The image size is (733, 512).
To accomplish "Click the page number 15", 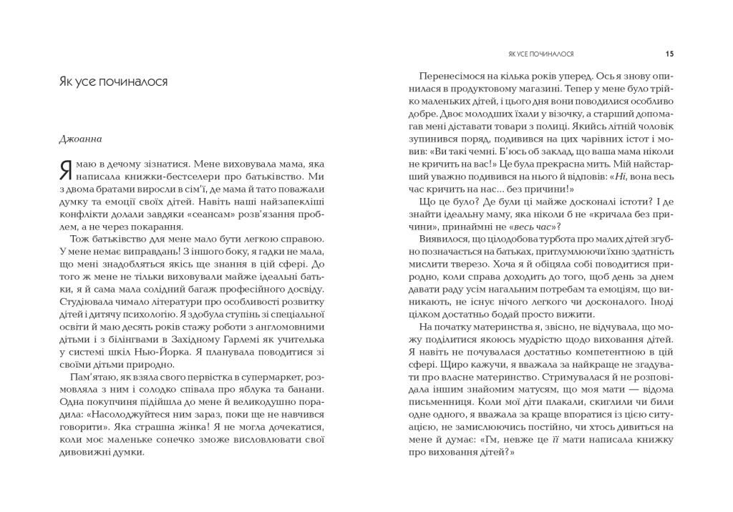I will [x=669, y=54].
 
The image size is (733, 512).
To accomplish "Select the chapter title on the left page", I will [x=114, y=82].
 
